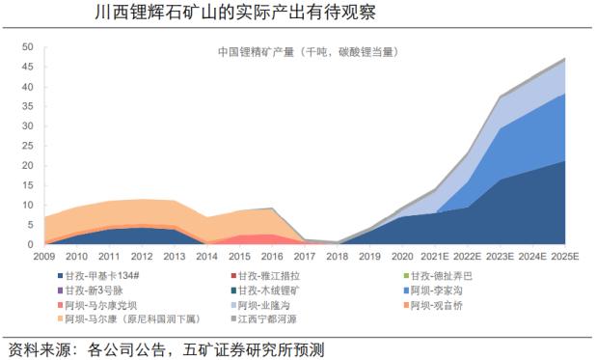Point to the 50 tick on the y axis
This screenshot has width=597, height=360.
click(x=27, y=46)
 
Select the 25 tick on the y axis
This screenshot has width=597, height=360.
click(x=27, y=146)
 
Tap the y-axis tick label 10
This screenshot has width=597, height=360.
click(x=27, y=206)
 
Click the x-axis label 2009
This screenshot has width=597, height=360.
click(x=44, y=257)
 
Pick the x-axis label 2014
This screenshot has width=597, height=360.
click(x=207, y=257)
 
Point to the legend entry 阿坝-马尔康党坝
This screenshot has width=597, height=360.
click(x=103, y=305)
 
